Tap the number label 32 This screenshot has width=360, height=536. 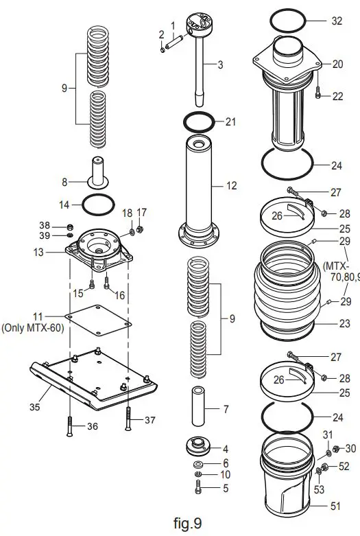tap(336, 21)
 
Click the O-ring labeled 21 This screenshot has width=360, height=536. tap(200, 122)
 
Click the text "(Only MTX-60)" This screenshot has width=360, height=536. tap(34, 327)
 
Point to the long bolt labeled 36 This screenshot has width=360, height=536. tap(70, 426)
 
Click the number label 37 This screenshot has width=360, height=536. tap(149, 419)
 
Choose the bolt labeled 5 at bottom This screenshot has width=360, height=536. tap(198, 489)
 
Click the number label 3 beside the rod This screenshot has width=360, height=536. tap(219, 65)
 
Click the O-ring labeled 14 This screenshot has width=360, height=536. tap(98, 204)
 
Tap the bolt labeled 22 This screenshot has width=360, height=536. tap(318, 95)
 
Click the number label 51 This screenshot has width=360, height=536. tap(336, 507)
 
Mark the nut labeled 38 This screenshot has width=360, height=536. tap(70, 226)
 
